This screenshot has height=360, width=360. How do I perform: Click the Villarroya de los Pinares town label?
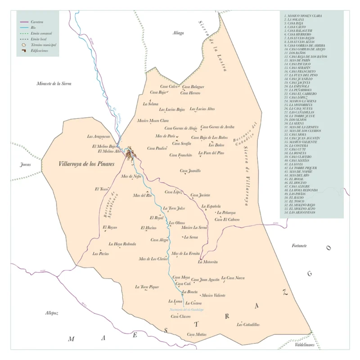tap(87, 164)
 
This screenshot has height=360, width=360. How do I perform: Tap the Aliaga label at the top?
tap(178, 33)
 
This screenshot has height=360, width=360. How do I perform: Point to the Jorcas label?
tap(25, 165)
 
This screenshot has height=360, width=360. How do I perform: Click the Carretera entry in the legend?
tap(37, 22)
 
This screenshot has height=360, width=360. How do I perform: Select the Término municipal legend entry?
tap(43, 45)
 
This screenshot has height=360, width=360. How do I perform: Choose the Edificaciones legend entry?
tap(40, 51)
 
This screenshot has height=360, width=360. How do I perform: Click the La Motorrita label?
tap(208, 262)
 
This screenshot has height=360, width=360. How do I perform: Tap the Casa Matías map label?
tap(197, 334)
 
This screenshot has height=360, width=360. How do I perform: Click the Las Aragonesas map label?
tap(99, 136)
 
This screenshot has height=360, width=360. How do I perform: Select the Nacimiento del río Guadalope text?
tap(187, 310)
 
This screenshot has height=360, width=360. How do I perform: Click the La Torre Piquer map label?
tap(147, 287)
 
